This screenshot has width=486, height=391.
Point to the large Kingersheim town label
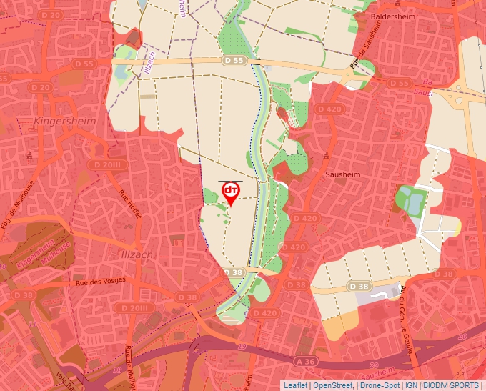tap(65, 121)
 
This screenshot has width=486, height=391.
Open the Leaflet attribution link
tap(295, 385)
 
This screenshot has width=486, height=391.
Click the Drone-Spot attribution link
tap(378, 385)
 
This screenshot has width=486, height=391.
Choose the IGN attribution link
tap(411, 385)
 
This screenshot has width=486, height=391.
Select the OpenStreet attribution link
tap(333, 385)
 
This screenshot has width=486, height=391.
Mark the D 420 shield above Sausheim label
tap(329, 109)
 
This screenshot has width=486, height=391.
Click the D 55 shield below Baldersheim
tap(398, 84)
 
